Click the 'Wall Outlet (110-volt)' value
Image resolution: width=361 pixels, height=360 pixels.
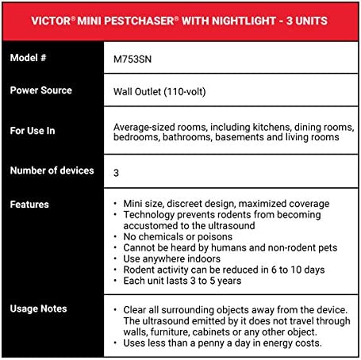[x=168, y=91]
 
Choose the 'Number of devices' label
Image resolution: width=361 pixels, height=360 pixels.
[x=52, y=170]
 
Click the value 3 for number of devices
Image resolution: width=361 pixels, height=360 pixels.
[x=117, y=171]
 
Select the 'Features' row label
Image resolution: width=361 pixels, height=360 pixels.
[x=29, y=205]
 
